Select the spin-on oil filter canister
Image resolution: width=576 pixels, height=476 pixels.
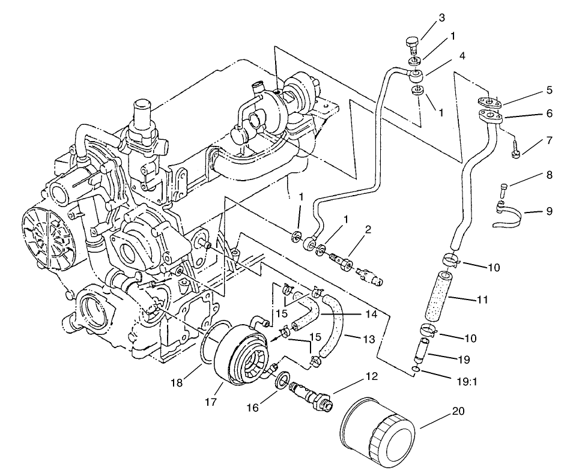[x=377, y=435]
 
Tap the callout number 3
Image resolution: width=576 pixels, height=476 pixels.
[x=441, y=18]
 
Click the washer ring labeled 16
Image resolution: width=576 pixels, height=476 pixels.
[x=282, y=382]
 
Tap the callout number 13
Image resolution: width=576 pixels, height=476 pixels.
[x=368, y=339]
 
